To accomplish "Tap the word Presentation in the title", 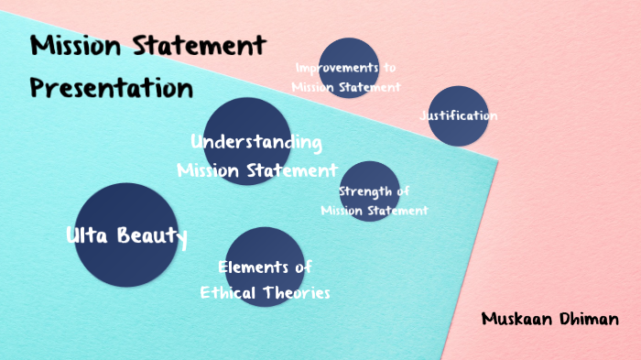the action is tap(111, 88).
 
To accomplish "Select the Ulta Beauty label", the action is tap(126, 236).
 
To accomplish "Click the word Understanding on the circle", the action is tap(256, 143).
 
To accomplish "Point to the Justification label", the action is tap(458, 116).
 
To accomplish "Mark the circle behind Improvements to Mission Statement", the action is tap(348, 49).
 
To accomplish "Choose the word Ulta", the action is tap(88, 236).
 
